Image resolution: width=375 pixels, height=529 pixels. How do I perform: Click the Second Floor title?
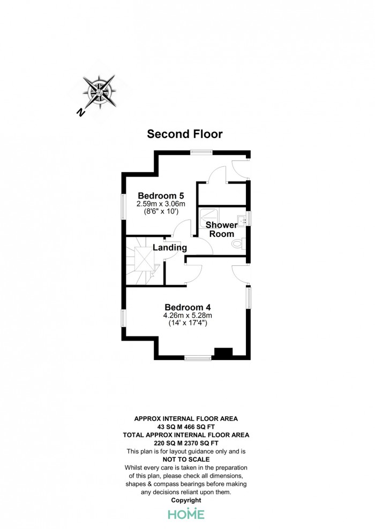point(185,134)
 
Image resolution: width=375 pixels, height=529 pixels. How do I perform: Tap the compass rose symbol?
point(100,91)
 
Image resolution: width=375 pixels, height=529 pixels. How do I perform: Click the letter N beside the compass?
point(80,113)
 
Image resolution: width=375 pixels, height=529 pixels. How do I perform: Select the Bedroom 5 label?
point(161,196)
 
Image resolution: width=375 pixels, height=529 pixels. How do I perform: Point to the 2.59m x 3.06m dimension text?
point(161,204)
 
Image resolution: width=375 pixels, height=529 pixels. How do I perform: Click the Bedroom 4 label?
point(187,308)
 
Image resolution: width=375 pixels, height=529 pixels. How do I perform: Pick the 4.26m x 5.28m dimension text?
point(187,316)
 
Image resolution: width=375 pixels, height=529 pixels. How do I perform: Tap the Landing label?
point(170,248)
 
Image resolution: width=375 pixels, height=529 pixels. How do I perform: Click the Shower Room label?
point(221,229)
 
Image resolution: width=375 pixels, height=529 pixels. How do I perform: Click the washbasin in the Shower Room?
point(242,221)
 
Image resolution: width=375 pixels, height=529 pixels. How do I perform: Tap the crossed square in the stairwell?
point(145,259)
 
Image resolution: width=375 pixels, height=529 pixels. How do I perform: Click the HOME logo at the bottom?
point(186,514)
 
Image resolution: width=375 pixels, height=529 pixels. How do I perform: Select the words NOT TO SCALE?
point(186,459)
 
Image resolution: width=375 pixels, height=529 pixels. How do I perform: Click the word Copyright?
point(186,500)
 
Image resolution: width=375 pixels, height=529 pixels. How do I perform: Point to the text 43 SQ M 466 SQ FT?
point(186,427)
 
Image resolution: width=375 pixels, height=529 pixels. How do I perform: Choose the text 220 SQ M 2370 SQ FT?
point(186,443)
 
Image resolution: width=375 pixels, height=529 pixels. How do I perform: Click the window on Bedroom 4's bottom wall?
point(198,358)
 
